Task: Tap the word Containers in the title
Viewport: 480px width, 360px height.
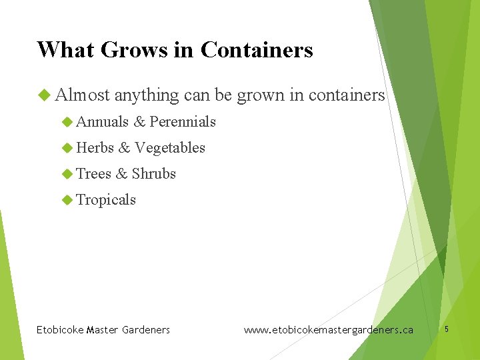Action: pos(257,50)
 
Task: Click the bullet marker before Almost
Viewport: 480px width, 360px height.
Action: pos(45,96)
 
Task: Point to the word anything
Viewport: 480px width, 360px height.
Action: pos(147,96)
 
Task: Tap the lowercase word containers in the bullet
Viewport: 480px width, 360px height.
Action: pos(347,96)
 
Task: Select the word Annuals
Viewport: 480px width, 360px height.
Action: pos(103,121)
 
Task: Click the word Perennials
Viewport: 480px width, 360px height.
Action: pos(183,121)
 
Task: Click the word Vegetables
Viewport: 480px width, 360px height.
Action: pos(170,147)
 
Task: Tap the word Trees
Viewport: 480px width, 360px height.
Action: pos(94,173)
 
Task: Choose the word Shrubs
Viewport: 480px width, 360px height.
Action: pos(154,173)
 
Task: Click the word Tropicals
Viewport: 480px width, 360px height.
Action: pos(106,199)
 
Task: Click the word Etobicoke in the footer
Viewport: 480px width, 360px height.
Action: pos(60,329)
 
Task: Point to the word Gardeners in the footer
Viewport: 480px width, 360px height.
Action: pos(145,329)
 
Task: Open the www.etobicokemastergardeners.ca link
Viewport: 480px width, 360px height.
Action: pos(329,329)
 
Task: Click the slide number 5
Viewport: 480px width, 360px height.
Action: pos(447,329)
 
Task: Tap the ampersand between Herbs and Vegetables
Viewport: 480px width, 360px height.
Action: pos(125,147)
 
